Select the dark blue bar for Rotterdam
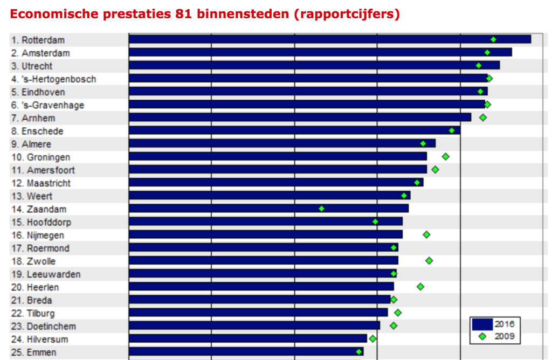click(x=329, y=39)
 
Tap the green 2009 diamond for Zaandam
click(x=321, y=209)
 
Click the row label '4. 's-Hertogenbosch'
click(x=54, y=79)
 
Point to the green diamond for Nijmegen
click(x=426, y=234)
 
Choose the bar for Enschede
click(x=294, y=130)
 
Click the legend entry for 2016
click(x=493, y=324)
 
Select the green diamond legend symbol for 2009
click(x=482, y=336)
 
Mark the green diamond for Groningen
click(x=445, y=156)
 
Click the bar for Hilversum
click(x=247, y=338)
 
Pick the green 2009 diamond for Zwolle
click(x=429, y=261)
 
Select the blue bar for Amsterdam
click(x=320, y=52)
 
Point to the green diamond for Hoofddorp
click(x=375, y=221)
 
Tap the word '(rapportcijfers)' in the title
click(x=347, y=14)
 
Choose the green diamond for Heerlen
click(x=420, y=287)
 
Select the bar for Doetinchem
click(x=254, y=326)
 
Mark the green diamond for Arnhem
click(x=483, y=117)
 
